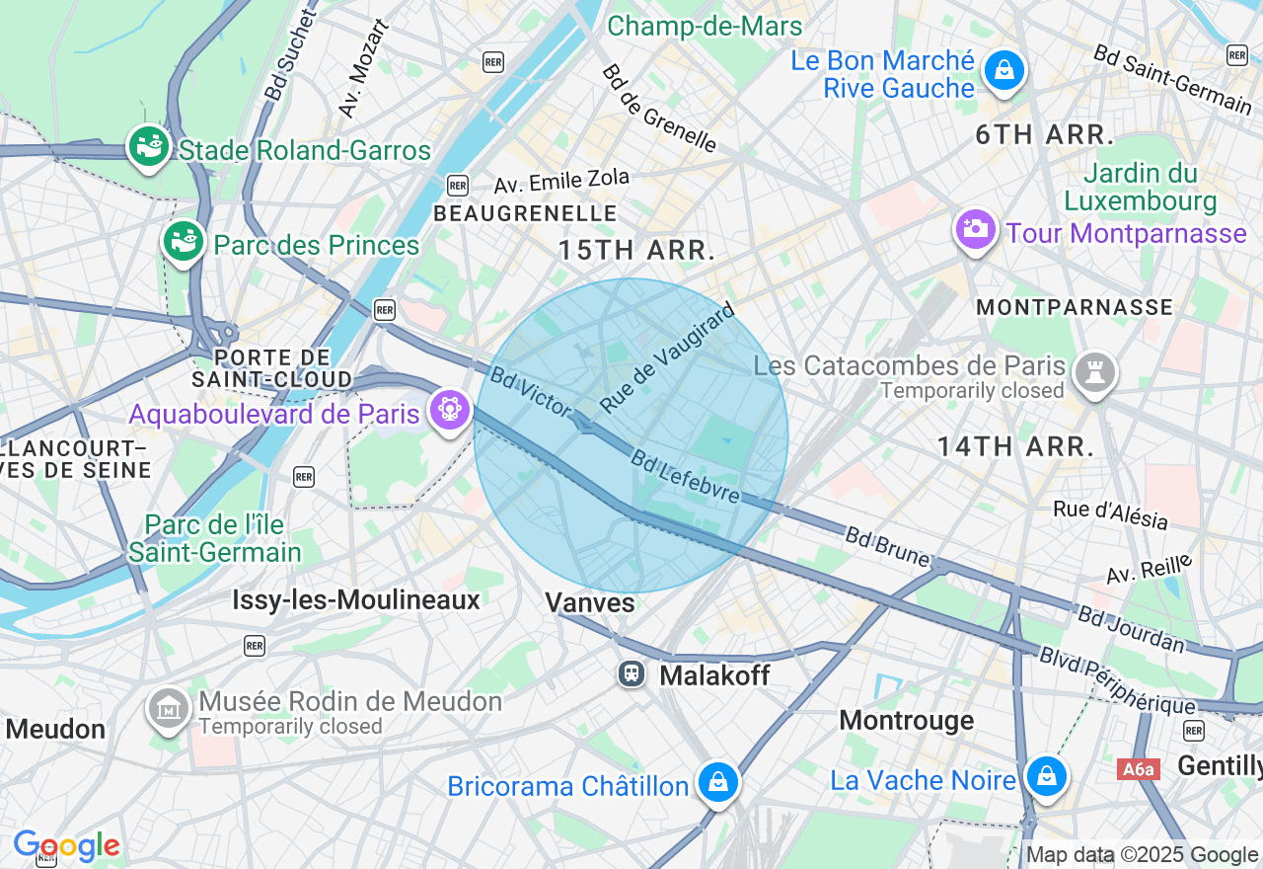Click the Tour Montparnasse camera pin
(x=975, y=229)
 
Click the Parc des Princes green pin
(x=184, y=241)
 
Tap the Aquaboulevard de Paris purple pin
(x=450, y=409)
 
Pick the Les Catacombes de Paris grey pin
(x=1095, y=373)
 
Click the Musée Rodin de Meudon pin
(x=169, y=708)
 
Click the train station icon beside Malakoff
(x=631, y=674)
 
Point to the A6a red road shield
(x=1138, y=768)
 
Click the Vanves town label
(x=590, y=601)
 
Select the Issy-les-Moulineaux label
(x=356, y=599)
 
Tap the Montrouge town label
(x=906, y=720)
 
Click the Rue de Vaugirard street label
(x=668, y=357)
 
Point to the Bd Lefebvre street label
(x=686, y=476)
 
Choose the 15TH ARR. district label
(x=636, y=250)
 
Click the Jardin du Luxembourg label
(x=1140, y=188)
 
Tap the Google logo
(x=66, y=846)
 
